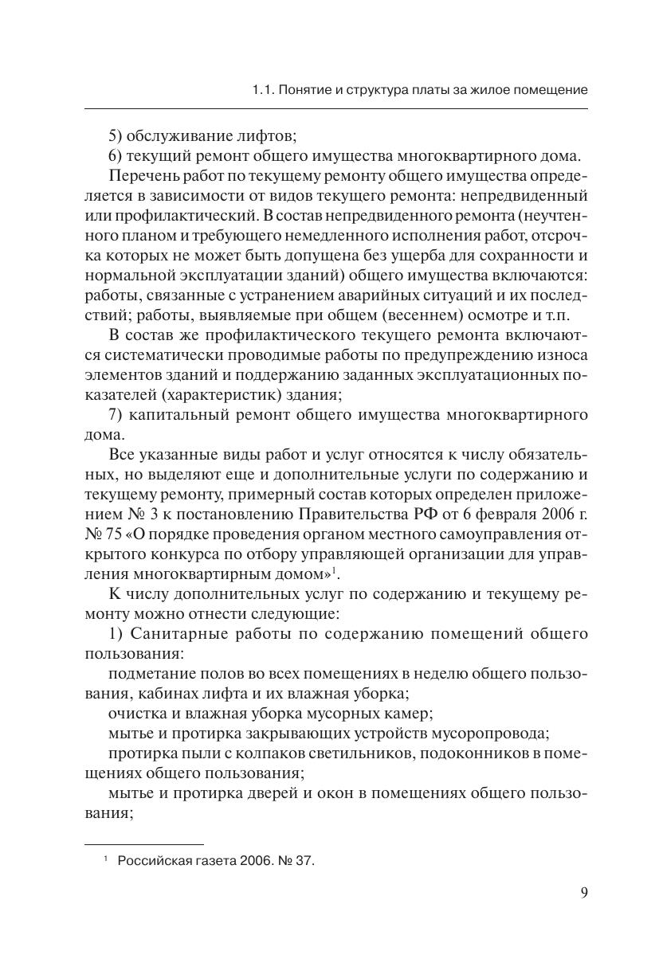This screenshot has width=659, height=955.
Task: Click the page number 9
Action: (x=584, y=892)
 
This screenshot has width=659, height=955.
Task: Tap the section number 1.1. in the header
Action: (x=262, y=90)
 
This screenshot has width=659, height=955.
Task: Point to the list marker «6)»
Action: (x=116, y=155)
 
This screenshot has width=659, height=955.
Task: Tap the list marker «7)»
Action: (x=116, y=415)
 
